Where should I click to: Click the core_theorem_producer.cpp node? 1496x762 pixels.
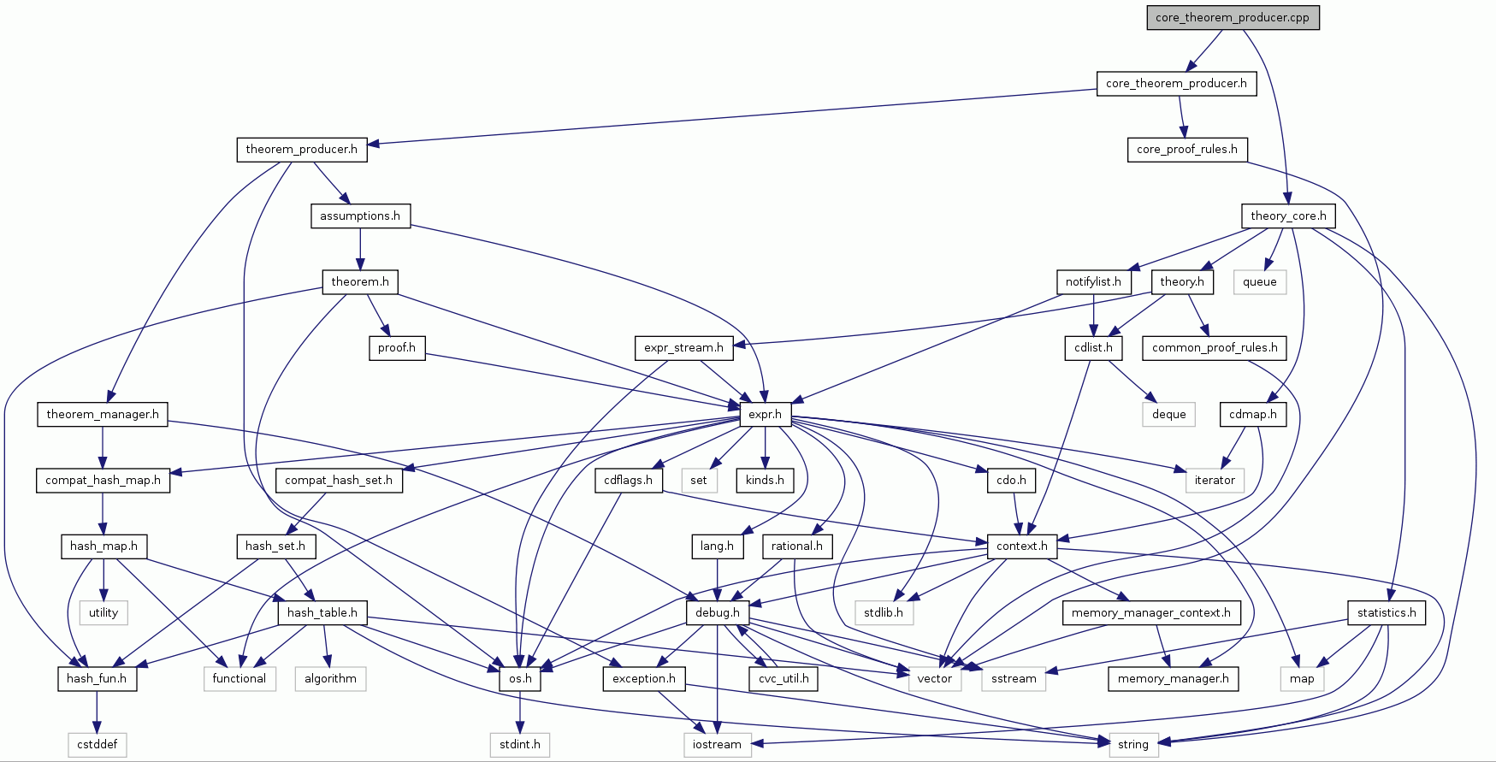pos(1232,17)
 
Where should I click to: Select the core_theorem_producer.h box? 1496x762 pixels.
pos(1176,83)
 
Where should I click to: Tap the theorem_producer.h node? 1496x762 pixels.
pos(301,150)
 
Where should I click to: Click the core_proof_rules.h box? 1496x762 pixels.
pos(1186,150)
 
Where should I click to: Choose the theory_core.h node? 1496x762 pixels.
pos(1288,216)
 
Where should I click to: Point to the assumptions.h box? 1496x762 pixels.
pos(359,216)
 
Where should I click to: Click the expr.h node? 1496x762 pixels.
pos(765,414)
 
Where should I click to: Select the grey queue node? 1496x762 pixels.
pos(1259,281)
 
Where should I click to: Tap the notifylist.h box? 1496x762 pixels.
pos(1093,281)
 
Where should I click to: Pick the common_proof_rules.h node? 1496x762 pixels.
pos(1214,347)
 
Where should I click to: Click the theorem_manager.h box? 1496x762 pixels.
pos(103,414)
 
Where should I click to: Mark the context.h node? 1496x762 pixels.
pos(1021,546)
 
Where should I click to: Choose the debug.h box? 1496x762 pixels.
pos(717,612)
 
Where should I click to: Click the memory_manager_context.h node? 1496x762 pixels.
pos(1150,612)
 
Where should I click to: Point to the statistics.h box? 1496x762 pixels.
pos(1386,612)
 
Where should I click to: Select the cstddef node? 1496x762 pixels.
pos(97,744)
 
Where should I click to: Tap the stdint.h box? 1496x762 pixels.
pos(520,744)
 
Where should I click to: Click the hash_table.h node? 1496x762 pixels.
pos(322,612)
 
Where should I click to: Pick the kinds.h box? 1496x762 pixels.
pos(765,480)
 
